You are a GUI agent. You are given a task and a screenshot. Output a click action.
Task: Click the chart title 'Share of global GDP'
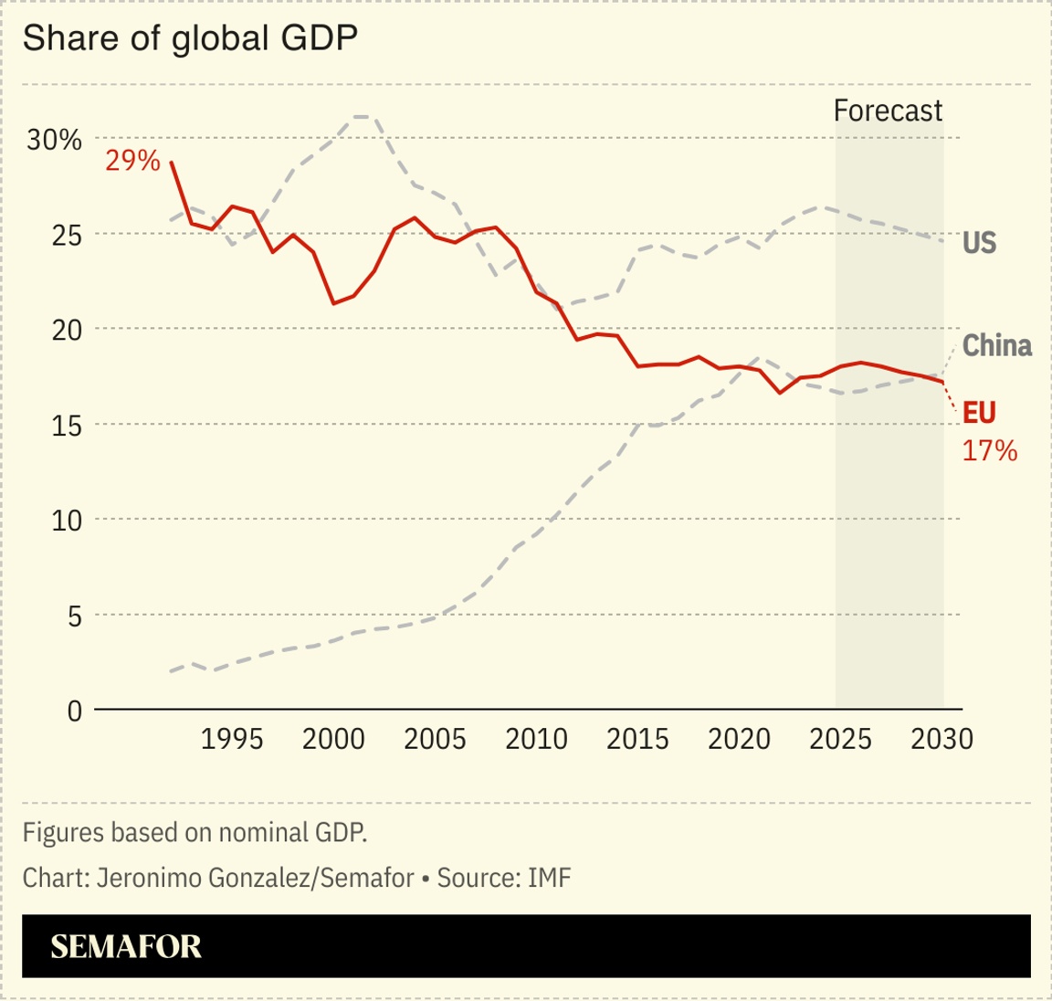coord(189,38)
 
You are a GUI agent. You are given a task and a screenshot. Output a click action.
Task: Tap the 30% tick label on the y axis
coord(54,140)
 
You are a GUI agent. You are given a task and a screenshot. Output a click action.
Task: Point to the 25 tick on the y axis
coord(66,235)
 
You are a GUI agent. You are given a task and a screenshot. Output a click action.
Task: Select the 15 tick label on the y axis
coord(66,426)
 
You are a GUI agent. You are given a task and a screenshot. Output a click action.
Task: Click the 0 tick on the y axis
coord(74,711)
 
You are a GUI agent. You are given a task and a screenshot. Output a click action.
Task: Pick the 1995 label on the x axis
coord(232,739)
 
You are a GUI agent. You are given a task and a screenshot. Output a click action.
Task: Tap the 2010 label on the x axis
coord(536,739)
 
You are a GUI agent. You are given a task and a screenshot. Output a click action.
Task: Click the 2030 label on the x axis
coord(942,739)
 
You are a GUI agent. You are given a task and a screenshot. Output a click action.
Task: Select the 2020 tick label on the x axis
coord(739,739)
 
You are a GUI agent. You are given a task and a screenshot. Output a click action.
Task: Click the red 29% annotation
coord(132,161)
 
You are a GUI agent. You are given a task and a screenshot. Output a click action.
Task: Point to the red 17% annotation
coord(989,450)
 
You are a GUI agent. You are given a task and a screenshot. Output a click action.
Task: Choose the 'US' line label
coord(979,243)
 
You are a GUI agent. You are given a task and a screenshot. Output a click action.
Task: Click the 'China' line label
coord(996,346)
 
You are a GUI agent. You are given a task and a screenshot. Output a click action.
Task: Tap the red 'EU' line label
coord(979,413)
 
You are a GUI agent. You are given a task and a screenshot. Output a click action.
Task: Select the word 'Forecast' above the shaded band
coord(888,111)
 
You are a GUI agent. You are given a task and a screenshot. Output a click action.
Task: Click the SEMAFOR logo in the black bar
coord(126,946)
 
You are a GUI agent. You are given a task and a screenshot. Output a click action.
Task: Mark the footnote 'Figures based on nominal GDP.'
coord(195,832)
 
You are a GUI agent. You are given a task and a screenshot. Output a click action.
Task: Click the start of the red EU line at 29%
coord(172,163)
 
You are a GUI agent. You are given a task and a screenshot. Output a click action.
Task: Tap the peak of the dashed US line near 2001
coord(363,117)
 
